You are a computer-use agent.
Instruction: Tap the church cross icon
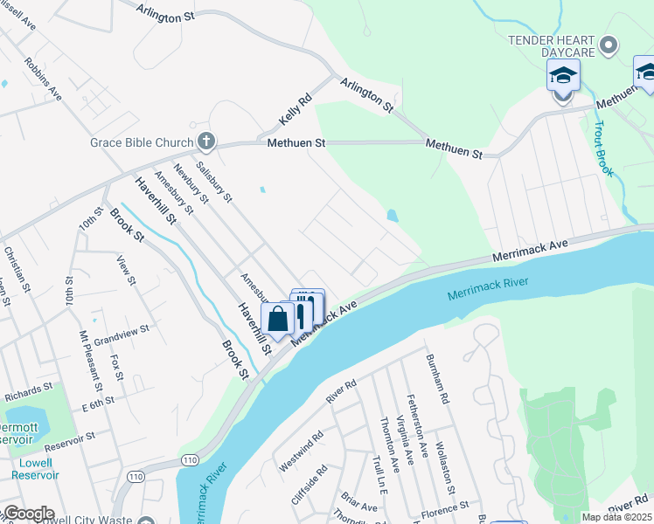click(x=206, y=141)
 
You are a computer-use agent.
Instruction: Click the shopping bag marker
click(x=277, y=319)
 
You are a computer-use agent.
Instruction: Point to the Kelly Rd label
click(x=295, y=110)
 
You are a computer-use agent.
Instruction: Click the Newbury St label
click(x=191, y=184)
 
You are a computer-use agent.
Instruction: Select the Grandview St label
click(x=122, y=334)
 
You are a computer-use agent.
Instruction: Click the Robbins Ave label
click(x=43, y=78)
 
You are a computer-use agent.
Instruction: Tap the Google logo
click(x=28, y=514)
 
